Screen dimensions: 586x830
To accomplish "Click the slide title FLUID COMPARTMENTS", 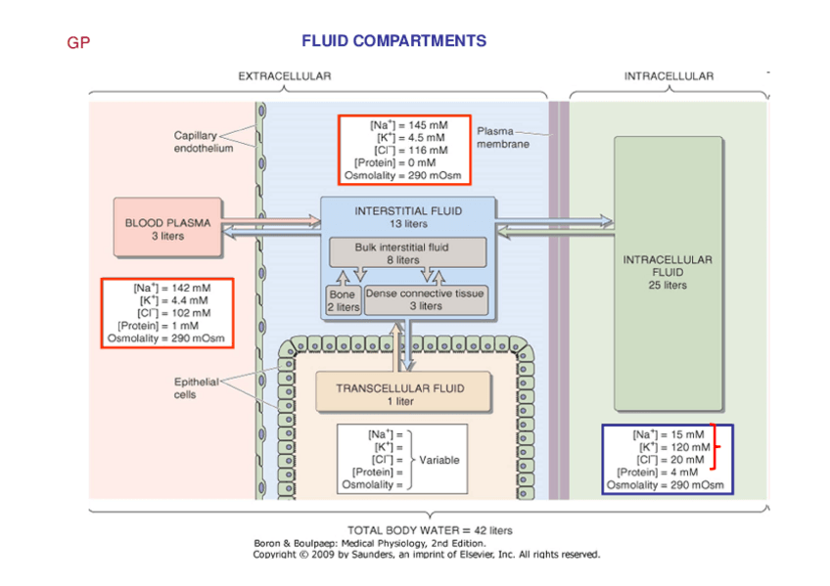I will pos(393,41).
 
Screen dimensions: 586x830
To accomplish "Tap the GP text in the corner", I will pos(77,43).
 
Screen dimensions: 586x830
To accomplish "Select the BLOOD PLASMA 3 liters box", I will pos(167,229).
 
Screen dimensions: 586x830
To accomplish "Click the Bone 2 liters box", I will pos(343,300).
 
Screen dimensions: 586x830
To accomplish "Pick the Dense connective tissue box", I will pos(424,299).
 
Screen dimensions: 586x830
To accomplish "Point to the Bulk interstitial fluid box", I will pos(407,253).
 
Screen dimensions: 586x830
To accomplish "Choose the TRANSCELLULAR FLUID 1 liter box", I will pos(400,394).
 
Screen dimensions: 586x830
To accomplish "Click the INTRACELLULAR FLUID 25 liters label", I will pos(668,273).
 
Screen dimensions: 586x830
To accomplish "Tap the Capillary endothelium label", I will pos(203,142).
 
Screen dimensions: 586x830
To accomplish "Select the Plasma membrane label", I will pos(502,137).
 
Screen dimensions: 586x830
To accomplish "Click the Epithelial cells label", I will pos(196,388).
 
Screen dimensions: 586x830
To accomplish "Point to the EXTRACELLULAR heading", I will pos(285,76).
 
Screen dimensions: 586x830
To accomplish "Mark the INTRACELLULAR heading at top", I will pos(669,76).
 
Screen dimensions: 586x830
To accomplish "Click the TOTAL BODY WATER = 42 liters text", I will pos(430,530).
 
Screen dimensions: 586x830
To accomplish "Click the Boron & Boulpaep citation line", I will pos(369,543).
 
